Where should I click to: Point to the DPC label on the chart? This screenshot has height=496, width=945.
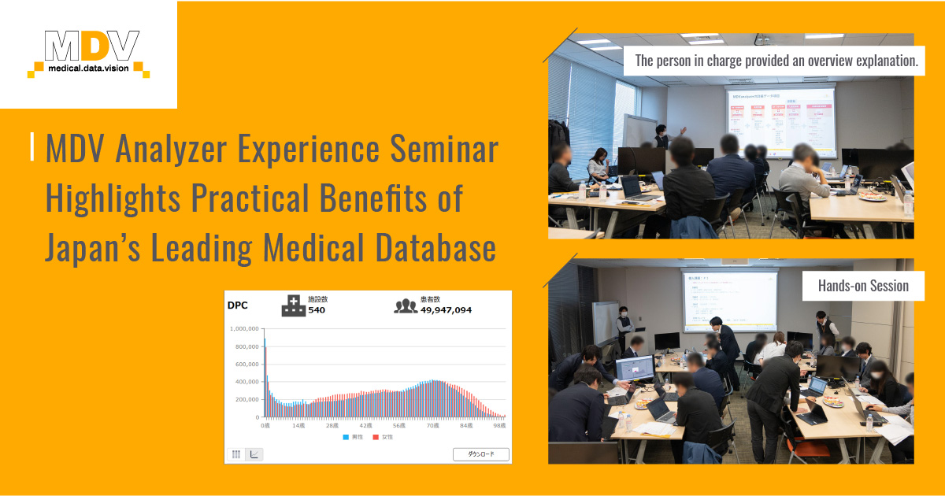click(237, 305)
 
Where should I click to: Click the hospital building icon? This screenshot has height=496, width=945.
click(293, 305)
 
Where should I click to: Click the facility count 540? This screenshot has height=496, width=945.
click(317, 310)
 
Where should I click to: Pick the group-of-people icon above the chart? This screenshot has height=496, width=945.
click(406, 305)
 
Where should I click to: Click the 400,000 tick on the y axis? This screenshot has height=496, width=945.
click(247, 382)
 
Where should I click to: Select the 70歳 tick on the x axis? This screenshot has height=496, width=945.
click(432, 425)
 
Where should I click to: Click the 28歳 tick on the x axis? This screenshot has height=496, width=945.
click(332, 425)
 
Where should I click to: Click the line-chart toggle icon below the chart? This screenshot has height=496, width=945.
click(254, 454)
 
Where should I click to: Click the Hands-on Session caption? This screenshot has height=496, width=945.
click(863, 286)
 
